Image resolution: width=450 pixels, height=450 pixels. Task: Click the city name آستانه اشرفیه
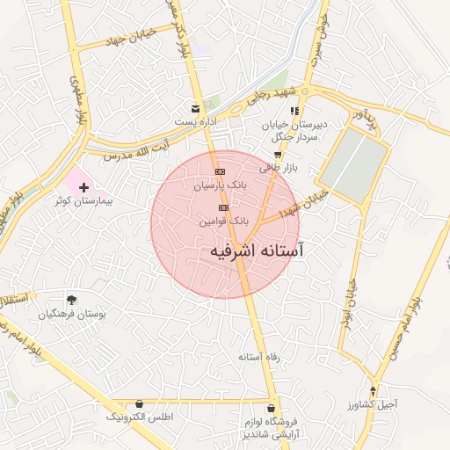257,251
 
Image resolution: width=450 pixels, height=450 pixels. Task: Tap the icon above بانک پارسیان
220,171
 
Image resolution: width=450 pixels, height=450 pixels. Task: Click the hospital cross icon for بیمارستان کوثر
84,187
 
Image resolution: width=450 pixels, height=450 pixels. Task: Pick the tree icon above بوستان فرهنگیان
71,300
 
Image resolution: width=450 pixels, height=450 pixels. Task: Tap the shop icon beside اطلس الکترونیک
139,403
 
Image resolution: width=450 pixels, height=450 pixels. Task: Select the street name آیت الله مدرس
136,149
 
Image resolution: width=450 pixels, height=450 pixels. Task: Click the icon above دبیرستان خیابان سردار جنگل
296,112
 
